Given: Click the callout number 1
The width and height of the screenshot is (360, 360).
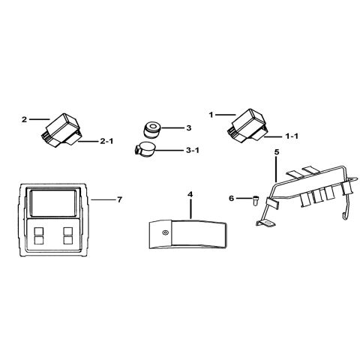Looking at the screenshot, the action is (211, 115).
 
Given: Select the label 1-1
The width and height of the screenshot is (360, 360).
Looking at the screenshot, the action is (292, 136).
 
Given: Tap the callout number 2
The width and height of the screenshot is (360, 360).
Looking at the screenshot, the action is (24, 119).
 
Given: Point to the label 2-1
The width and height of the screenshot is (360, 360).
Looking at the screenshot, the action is (106, 142).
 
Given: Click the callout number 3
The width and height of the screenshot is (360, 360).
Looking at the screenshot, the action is (189, 128).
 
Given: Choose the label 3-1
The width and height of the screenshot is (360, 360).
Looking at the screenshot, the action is (193, 151).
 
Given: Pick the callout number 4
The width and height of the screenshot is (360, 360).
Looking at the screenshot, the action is (190, 194).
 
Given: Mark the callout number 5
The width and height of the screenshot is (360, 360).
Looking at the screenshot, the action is (276, 151).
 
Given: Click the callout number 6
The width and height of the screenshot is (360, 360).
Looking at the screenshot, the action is (232, 199).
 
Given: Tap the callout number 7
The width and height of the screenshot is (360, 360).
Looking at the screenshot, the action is (120, 199).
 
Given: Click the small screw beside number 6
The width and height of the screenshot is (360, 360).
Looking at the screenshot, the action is (255, 200).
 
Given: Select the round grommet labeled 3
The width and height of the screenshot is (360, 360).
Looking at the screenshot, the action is (152, 130).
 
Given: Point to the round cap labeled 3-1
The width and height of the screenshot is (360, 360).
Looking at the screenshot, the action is (145, 149).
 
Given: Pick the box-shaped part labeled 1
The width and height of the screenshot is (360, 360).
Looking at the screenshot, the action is (247, 125).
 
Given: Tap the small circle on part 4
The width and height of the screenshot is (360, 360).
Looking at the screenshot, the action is (165, 232).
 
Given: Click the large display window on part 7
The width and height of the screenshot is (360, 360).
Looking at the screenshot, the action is (53, 203).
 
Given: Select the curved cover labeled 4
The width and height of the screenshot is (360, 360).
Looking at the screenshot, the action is (188, 234).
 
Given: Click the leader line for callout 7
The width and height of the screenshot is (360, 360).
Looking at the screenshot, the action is (103, 199).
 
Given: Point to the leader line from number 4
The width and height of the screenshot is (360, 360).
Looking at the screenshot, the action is (190, 208).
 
